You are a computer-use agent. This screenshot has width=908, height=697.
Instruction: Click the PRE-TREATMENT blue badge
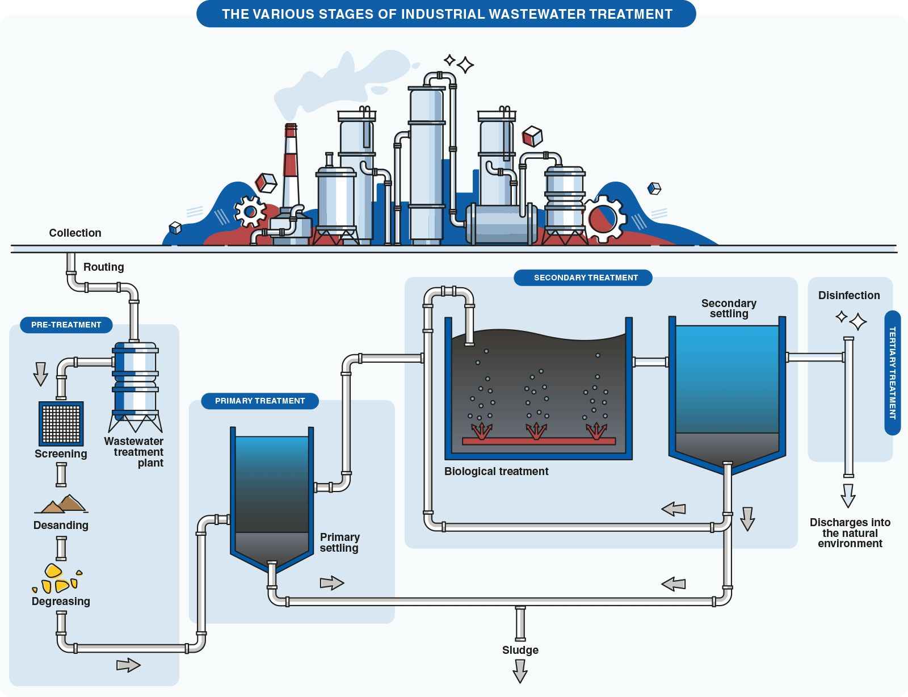coord(66,325)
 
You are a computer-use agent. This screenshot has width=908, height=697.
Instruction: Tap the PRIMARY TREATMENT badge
coord(260,401)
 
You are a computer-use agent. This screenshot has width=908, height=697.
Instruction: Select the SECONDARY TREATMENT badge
coord(586,278)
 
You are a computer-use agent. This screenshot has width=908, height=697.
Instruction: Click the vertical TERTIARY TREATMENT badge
coord(892,373)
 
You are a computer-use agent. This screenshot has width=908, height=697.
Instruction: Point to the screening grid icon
coord(61,423)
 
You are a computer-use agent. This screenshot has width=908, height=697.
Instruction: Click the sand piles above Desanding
coord(62,503)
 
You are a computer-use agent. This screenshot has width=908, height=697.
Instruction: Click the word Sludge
coord(520,650)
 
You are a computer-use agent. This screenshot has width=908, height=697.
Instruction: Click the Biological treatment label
coord(496,471)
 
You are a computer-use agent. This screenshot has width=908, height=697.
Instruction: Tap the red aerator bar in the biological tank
coord(539,441)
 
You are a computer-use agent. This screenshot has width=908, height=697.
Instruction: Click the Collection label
coord(75,233)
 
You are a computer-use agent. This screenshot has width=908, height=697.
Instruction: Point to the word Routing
coord(103,267)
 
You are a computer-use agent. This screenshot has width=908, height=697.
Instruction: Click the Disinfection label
coord(849,295)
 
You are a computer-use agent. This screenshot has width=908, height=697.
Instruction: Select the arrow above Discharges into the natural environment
coord(848,496)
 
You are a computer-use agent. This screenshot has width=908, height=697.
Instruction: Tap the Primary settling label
coord(339,542)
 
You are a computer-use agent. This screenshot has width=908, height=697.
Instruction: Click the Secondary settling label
coord(729,308)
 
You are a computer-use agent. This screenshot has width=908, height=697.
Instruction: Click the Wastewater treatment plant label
coord(134,452)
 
